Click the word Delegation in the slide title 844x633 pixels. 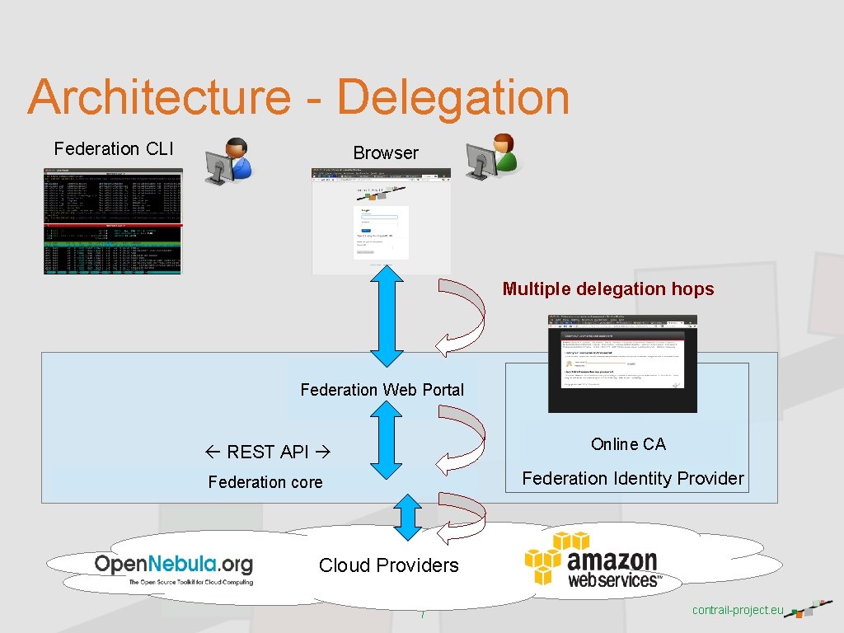point(452,97)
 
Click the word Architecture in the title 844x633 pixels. point(159,97)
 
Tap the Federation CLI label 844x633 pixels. point(114,149)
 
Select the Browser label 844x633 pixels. point(386,153)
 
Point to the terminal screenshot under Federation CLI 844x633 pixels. point(113,221)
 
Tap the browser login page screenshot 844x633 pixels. point(381,221)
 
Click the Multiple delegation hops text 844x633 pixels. point(608,289)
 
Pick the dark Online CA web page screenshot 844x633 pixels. point(622,363)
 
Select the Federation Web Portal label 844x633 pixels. point(382,390)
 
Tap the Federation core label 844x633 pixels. point(265,482)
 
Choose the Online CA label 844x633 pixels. point(628,444)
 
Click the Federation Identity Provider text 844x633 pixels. point(632,479)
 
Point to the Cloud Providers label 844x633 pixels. point(389,565)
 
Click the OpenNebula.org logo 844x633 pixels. point(174,569)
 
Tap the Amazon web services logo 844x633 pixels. point(593,561)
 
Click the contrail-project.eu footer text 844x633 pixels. point(737,611)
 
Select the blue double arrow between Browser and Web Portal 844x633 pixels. point(386,320)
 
